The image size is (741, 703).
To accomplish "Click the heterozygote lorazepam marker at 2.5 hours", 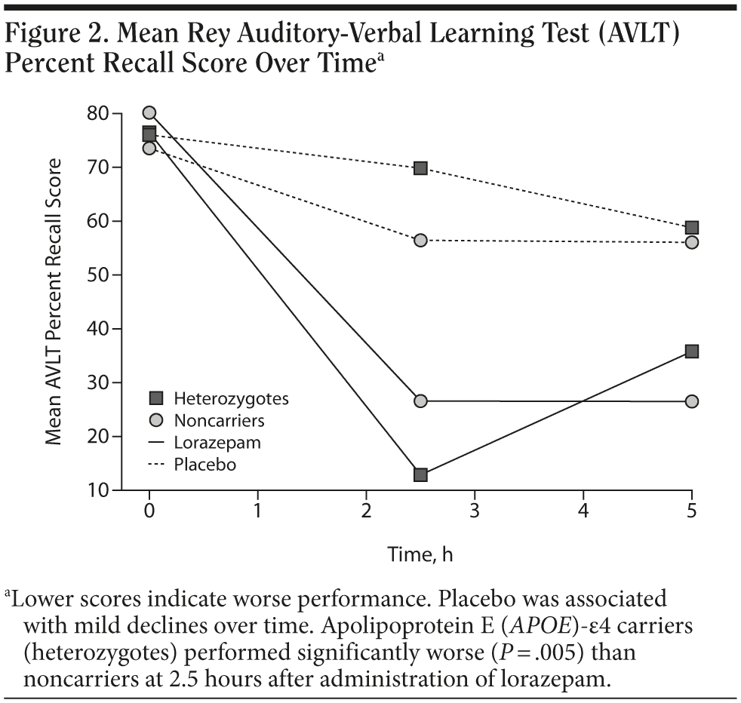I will click(420, 474).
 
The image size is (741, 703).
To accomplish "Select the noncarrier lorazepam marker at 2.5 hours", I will click(420, 401).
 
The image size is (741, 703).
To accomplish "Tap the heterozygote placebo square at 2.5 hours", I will click(420, 167).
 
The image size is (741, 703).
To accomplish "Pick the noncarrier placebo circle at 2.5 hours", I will click(420, 240).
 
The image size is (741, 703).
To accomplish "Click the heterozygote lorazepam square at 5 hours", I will click(691, 351).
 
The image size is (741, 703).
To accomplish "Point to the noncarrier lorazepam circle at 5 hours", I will click(691, 401).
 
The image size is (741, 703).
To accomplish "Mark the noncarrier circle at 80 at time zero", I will click(149, 113).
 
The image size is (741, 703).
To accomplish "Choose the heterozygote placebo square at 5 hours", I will click(691, 228).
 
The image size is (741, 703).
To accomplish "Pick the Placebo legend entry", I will click(204, 465).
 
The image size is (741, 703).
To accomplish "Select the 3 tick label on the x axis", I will click(475, 511).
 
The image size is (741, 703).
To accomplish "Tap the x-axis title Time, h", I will click(420, 555).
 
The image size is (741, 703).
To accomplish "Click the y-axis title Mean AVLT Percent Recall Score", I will click(54, 302).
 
